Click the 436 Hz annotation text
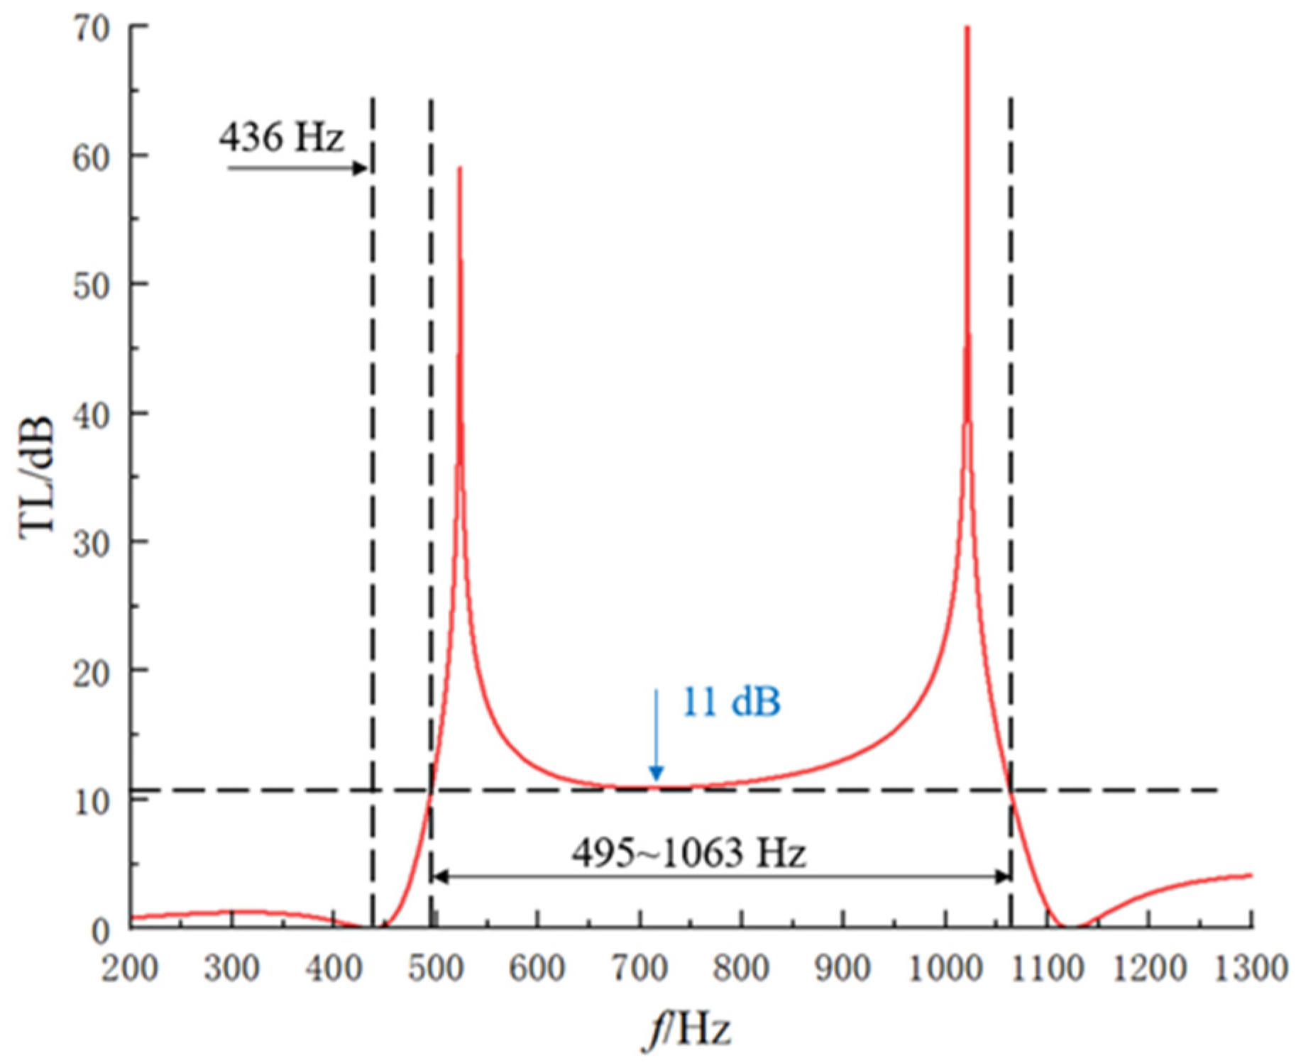[281, 136]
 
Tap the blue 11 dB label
[730, 703]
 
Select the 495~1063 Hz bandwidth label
[688, 852]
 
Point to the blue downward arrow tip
[657, 779]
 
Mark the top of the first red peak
[460, 167]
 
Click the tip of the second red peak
[967, 28]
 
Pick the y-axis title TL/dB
[37, 479]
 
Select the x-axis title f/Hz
[686, 1029]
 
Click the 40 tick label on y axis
[91, 414]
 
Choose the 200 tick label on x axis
[130, 968]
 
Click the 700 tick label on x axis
[639, 968]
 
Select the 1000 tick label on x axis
[945, 968]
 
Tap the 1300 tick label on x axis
[1251, 968]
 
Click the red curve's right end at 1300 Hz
[1251, 875]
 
